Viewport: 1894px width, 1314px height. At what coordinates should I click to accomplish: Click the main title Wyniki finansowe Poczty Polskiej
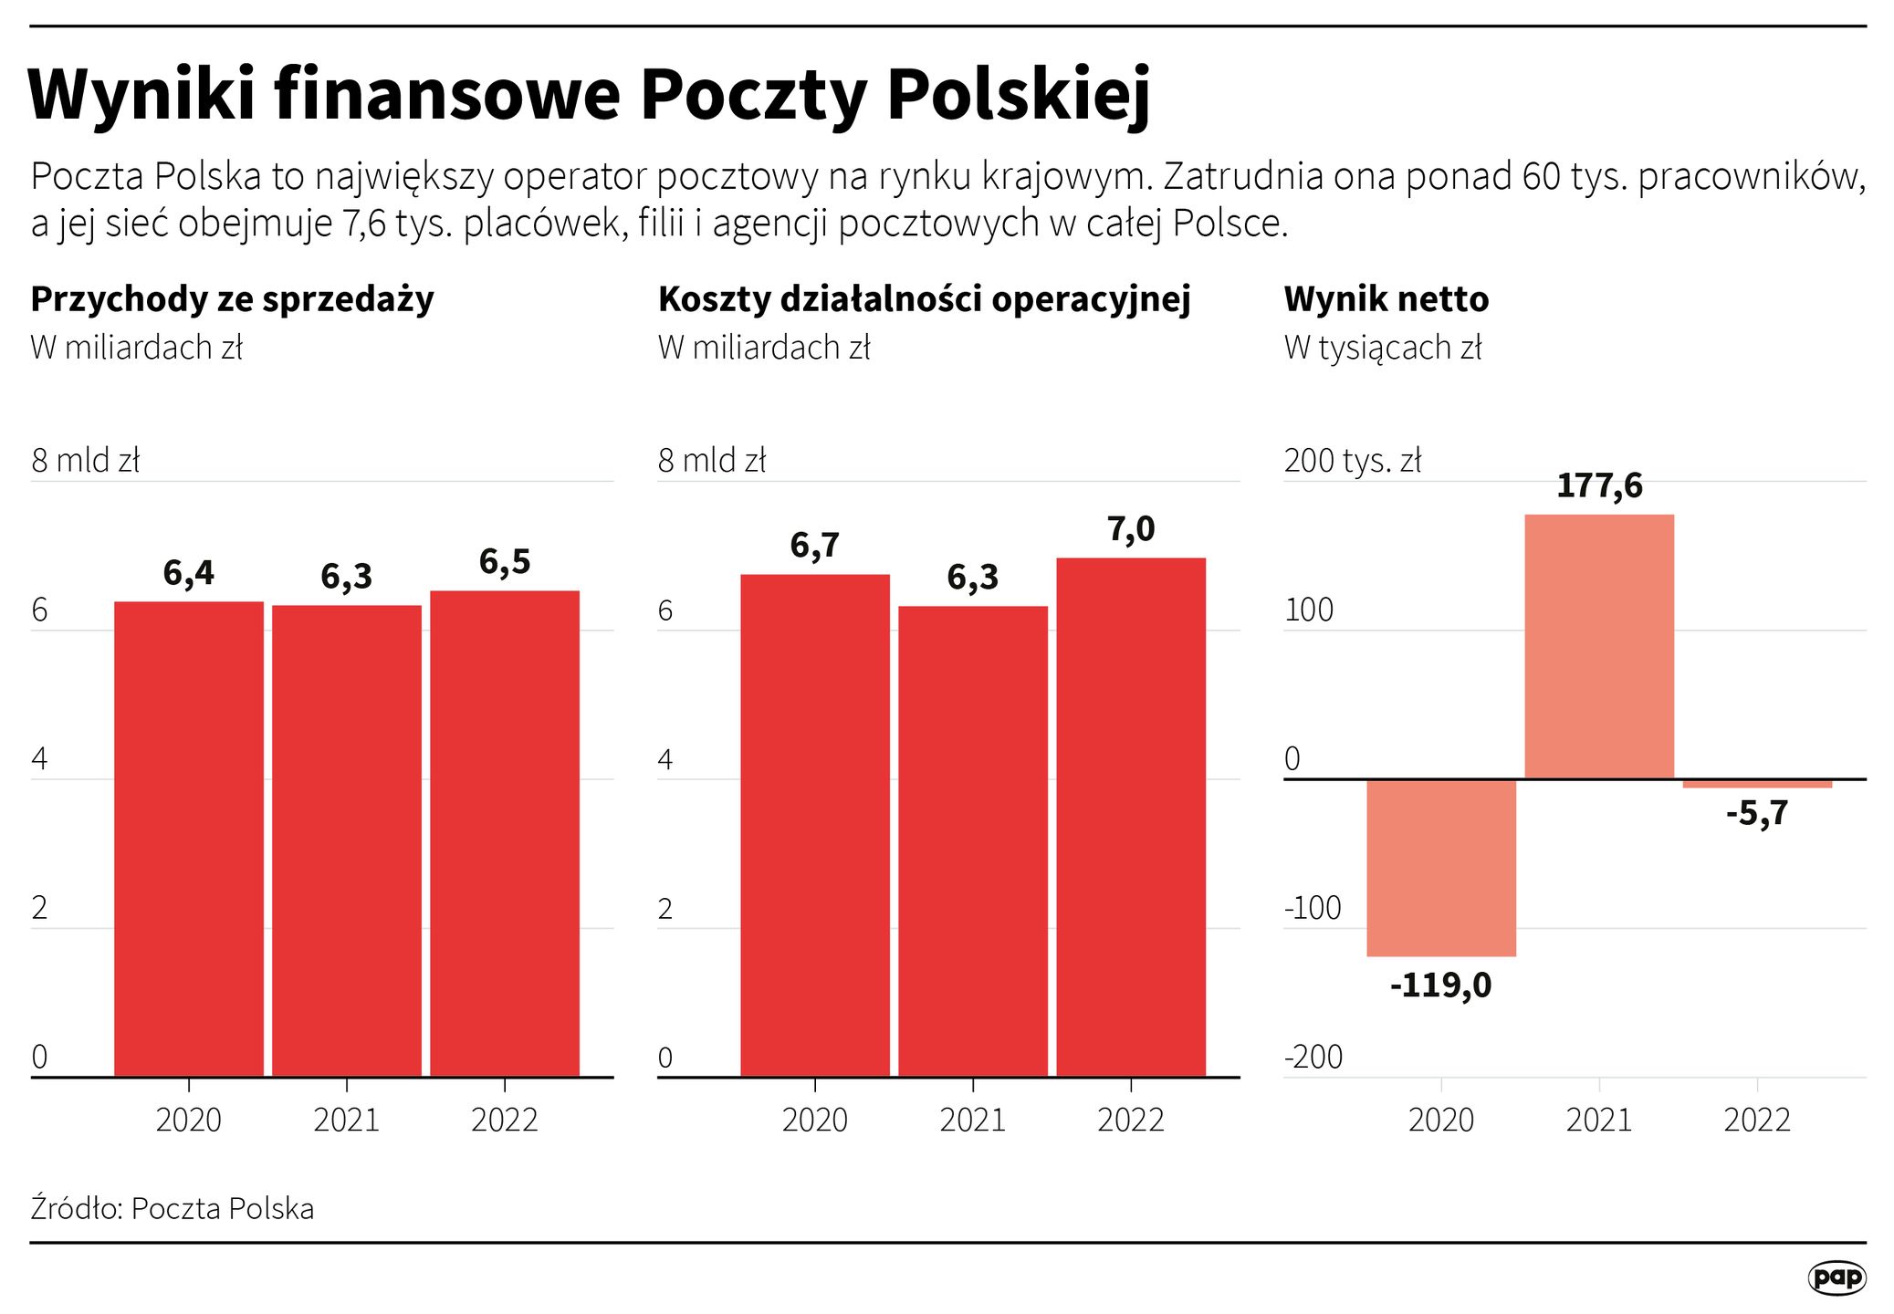pyautogui.click(x=589, y=95)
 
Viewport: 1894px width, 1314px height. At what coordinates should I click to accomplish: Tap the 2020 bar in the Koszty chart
pyautogui.click(x=814, y=825)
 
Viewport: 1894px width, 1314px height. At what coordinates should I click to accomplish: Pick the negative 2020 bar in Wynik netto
pyautogui.click(x=1440, y=867)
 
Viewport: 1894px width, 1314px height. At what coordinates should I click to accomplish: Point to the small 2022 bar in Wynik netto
pyautogui.click(x=1757, y=784)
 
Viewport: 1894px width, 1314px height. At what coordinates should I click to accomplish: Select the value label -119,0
pyautogui.click(x=1440, y=986)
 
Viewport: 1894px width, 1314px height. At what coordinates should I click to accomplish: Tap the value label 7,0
pyautogui.click(x=1131, y=530)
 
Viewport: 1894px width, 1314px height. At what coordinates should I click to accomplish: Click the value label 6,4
pyautogui.click(x=188, y=573)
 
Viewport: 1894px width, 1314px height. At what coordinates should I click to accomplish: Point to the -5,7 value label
pyautogui.click(x=1757, y=813)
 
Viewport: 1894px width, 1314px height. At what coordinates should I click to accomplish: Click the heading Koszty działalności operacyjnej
pyautogui.click(x=924, y=299)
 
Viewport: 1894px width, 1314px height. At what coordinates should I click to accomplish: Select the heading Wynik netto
pyautogui.click(x=1386, y=299)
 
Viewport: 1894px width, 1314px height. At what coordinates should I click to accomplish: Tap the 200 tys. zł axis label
pyautogui.click(x=1353, y=461)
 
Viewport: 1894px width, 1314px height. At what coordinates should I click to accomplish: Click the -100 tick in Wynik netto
pyautogui.click(x=1313, y=908)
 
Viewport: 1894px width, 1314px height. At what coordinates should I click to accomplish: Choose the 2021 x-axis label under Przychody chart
pyautogui.click(x=346, y=1121)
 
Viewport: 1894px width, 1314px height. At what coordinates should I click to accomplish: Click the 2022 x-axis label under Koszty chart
pyautogui.click(x=1131, y=1121)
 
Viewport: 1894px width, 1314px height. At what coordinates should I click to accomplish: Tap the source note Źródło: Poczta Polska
pyautogui.click(x=173, y=1208)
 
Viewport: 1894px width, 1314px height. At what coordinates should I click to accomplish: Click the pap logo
pyautogui.click(x=1836, y=1277)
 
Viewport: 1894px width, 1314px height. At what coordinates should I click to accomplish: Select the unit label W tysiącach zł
pyautogui.click(x=1383, y=349)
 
